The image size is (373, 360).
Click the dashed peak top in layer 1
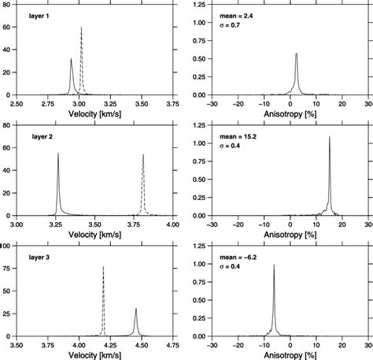[x=81, y=28]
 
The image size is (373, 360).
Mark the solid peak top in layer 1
[x=71, y=59]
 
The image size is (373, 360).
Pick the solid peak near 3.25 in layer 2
[x=58, y=154]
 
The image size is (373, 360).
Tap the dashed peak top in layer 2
[x=143, y=154]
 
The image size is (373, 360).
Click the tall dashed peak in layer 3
[x=103, y=267]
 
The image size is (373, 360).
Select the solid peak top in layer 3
[x=135, y=309]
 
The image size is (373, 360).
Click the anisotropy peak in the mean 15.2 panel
[x=329, y=138]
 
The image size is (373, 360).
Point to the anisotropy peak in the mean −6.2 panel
[x=273, y=265]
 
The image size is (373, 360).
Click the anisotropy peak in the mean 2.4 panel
[x=296, y=54]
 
